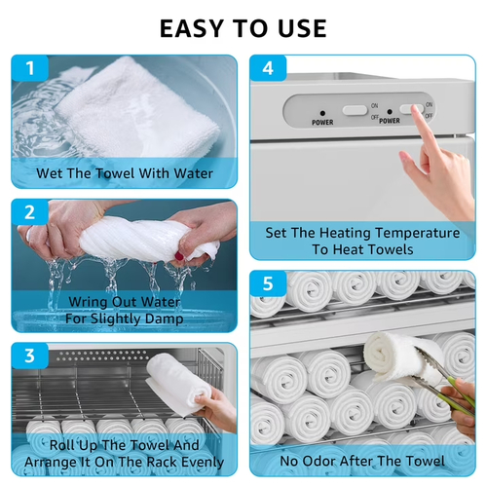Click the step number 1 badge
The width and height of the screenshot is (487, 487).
tap(30, 68)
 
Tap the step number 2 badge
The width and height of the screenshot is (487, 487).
tap(30, 212)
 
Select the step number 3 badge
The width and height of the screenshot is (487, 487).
tap(30, 356)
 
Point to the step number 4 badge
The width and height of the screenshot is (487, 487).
tap(268, 68)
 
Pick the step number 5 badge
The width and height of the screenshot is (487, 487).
tap(268, 283)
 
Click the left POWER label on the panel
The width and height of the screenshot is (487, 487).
tap(322, 123)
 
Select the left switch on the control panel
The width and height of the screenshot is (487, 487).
tap(355, 110)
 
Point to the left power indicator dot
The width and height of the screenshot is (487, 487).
tap(322, 113)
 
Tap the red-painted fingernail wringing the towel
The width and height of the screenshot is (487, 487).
tap(179, 257)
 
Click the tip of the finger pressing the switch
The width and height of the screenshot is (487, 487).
tap(415, 109)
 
